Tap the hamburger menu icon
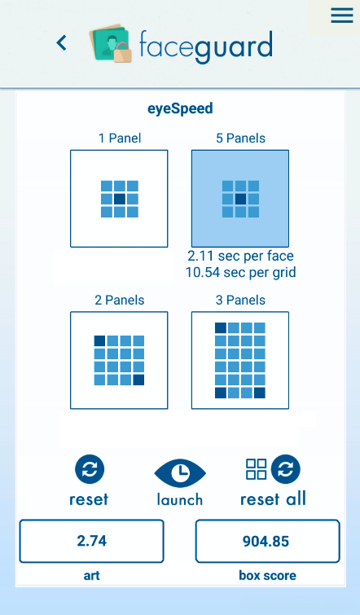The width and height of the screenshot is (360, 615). click(x=341, y=15)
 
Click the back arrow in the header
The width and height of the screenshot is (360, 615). click(x=62, y=42)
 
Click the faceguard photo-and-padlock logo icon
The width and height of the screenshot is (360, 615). click(x=111, y=43)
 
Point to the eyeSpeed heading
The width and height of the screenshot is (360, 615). click(x=180, y=108)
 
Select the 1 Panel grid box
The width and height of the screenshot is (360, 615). click(x=119, y=199)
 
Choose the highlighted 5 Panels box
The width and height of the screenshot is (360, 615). click(x=240, y=199)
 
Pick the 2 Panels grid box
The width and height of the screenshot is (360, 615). click(x=119, y=361)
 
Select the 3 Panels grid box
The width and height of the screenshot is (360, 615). click(x=240, y=361)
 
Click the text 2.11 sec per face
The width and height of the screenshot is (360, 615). click(x=240, y=256)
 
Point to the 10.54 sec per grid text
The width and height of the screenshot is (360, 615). click(x=240, y=272)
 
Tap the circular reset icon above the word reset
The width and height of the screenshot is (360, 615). click(x=90, y=469)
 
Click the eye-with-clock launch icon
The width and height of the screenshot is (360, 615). click(x=180, y=472)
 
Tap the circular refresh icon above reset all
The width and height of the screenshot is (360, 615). click(x=286, y=469)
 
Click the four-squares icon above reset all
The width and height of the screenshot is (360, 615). click(x=256, y=469)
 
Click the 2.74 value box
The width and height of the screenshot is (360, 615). click(x=91, y=541)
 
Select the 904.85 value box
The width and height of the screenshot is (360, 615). click(x=267, y=541)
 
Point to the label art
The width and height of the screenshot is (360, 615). click(x=91, y=575)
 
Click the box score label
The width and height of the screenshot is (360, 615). click(x=267, y=575)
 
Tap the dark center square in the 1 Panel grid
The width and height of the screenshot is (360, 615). click(x=119, y=199)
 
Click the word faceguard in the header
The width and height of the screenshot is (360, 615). click(x=206, y=46)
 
